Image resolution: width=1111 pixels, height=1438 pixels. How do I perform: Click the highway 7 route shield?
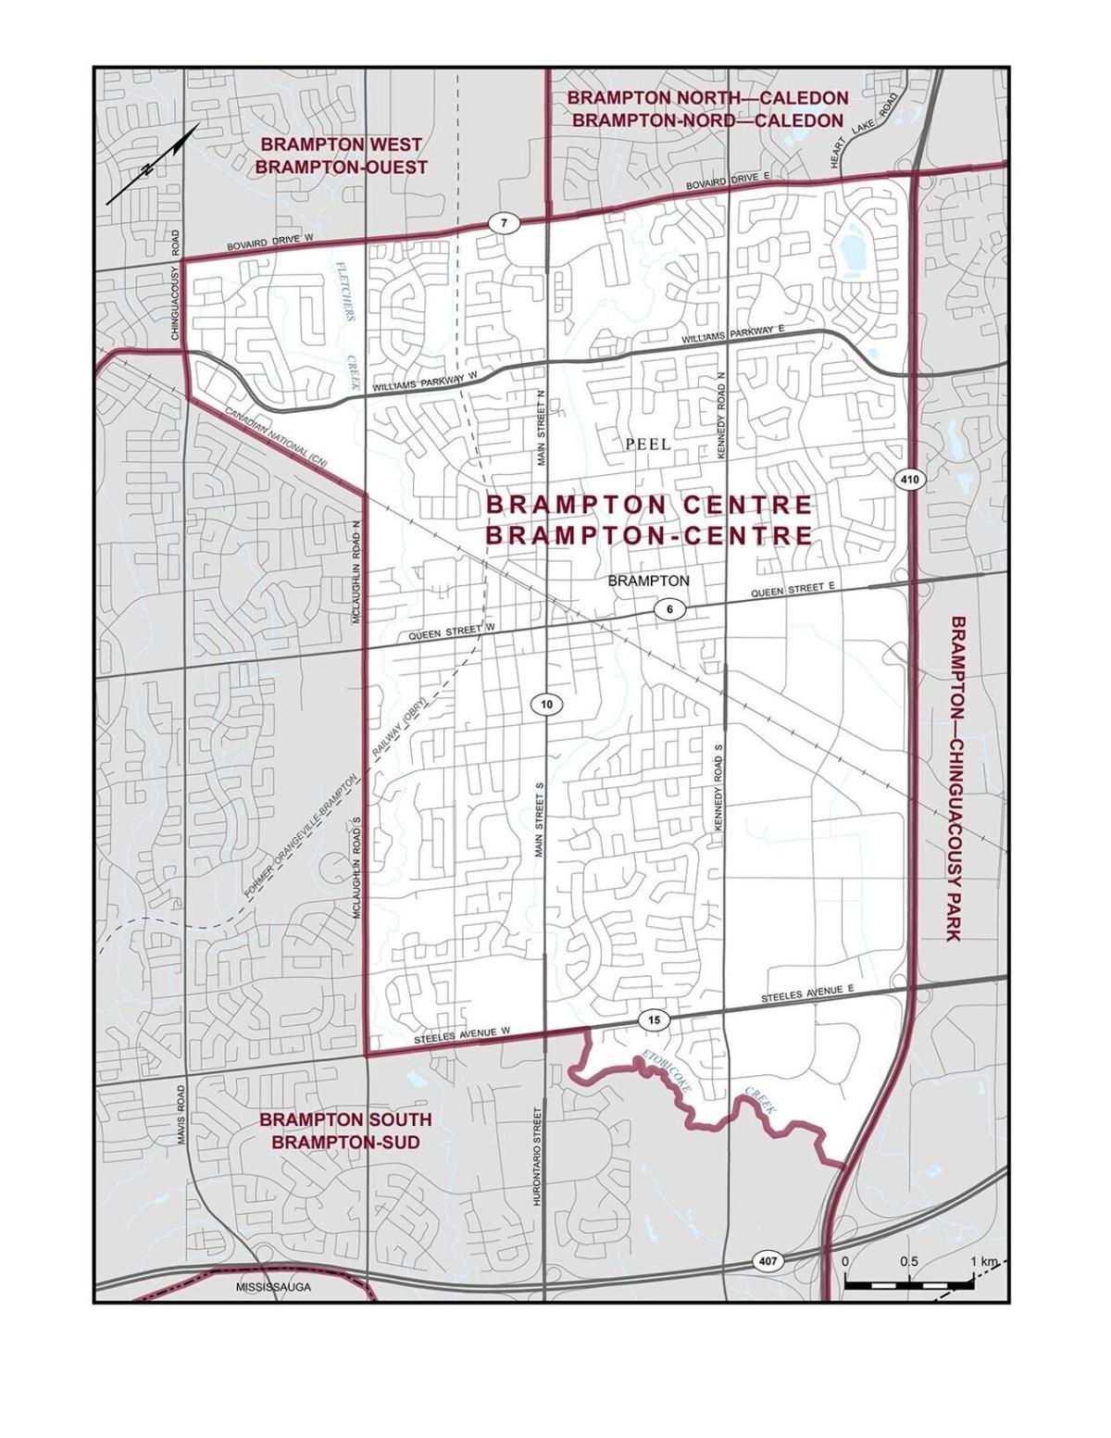tap(503, 223)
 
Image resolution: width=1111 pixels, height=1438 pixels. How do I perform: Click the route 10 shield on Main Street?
tap(546, 705)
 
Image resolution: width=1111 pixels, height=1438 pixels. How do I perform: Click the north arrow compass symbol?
tap(153, 164)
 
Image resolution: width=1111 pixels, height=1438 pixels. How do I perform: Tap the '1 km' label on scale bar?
tap(983, 1262)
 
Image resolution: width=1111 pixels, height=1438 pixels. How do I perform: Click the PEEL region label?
tap(647, 444)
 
